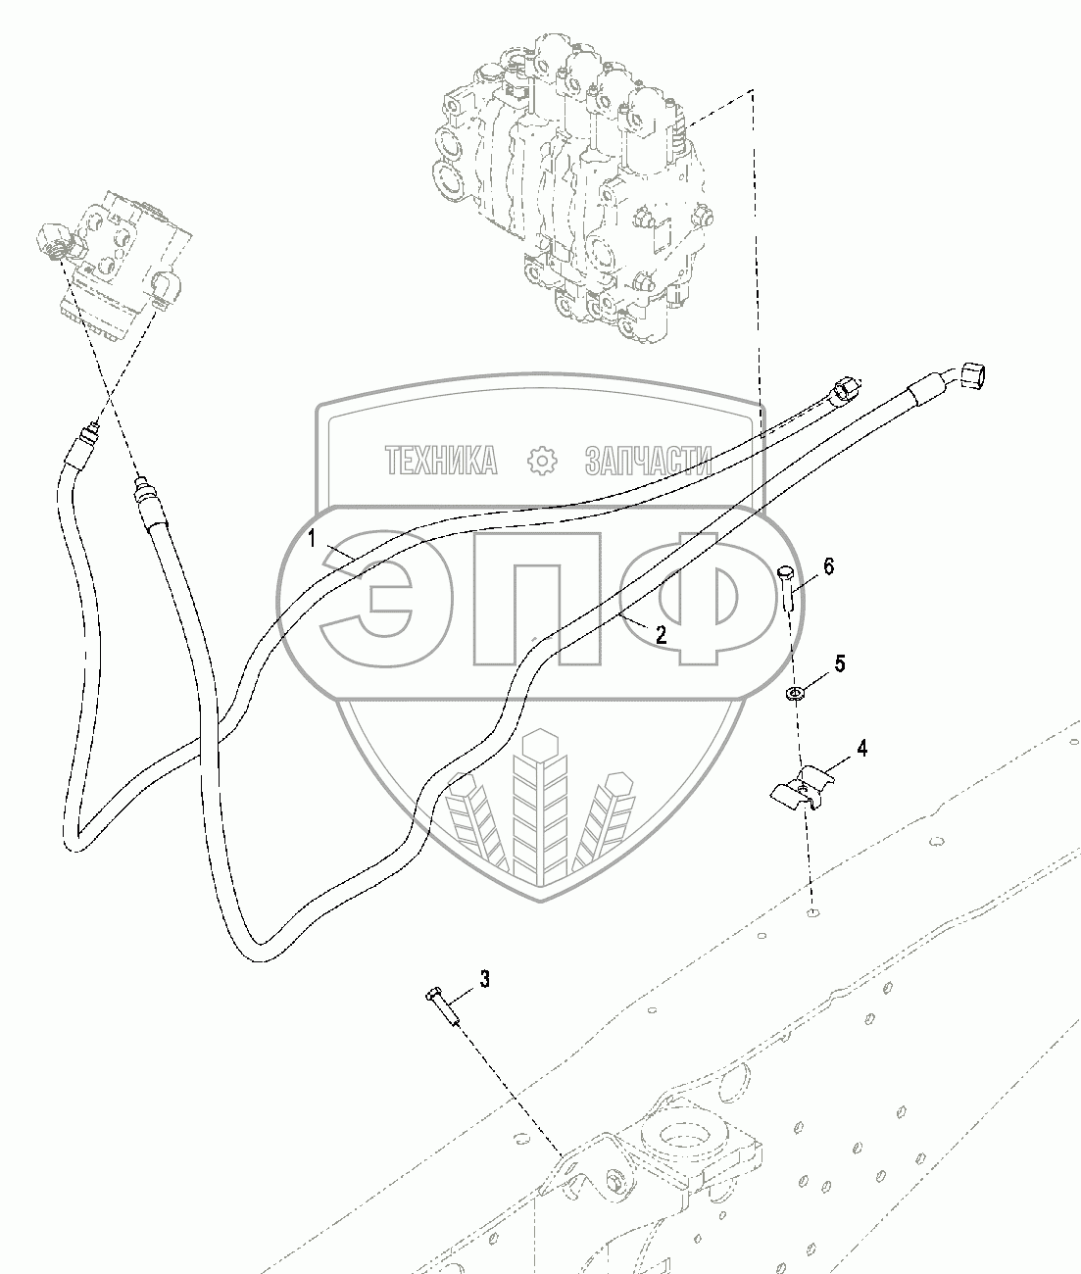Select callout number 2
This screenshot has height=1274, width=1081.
coord(661,635)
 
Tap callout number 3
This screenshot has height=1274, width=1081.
coord(483,978)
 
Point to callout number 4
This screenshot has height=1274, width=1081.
coord(861,749)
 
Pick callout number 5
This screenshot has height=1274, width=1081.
coord(839,663)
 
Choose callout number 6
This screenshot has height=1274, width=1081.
coord(828,566)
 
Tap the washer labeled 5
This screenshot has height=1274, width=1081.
coord(795,695)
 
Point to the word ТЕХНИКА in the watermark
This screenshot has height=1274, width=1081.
coord(440,460)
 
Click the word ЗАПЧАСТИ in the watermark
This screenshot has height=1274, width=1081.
coord(647,460)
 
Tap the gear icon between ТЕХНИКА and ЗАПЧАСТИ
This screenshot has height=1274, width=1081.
coord(541,461)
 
